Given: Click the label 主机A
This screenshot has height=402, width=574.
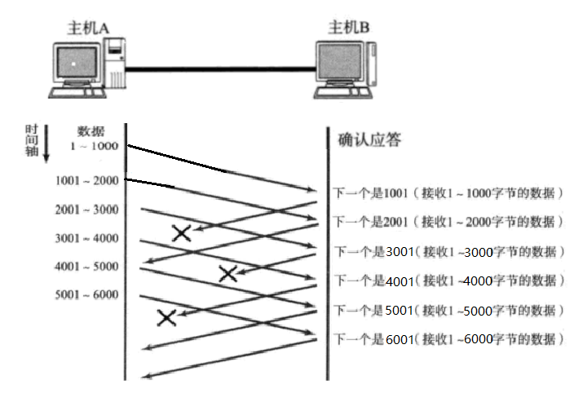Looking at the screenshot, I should pos(89,27).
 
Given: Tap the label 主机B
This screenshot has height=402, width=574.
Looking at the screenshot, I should pos(349,27).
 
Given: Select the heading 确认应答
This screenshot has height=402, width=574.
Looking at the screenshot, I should pos(369,140).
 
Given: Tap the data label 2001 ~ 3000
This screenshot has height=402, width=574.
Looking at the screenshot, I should pos(87,210).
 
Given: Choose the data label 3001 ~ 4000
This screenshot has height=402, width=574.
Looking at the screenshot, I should pos(87,238).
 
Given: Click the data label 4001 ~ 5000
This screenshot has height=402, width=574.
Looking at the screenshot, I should pos(87,266).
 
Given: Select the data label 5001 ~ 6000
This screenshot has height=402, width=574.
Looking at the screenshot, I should pos(87,294).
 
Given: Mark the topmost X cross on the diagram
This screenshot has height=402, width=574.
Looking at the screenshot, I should pos(182,234).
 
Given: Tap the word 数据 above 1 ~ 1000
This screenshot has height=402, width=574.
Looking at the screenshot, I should pos(91,131).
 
